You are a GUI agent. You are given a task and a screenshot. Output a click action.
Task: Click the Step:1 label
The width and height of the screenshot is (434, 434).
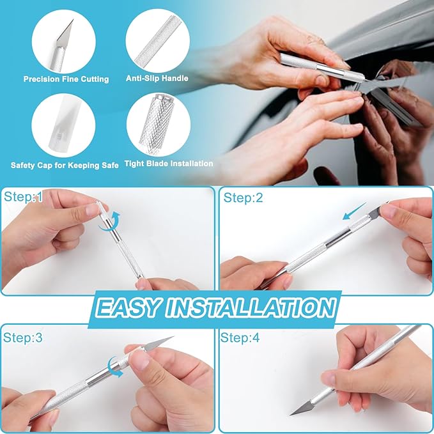click(x=23, y=198)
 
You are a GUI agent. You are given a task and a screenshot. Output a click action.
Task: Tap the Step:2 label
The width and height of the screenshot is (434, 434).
click(x=243, y=198)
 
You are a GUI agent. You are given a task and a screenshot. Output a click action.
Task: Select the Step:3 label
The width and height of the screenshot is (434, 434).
click(x=23, y=338)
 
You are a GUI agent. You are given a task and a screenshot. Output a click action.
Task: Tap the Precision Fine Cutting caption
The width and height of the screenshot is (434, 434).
click(x=66, y=79)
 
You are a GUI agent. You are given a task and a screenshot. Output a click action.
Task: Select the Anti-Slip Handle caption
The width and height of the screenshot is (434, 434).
click(x=157, y=79)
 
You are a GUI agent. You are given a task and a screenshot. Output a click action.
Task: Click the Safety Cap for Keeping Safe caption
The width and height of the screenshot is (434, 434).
click(x=65, y=165)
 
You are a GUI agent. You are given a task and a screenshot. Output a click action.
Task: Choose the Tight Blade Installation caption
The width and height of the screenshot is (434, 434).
click(x=169, y=164)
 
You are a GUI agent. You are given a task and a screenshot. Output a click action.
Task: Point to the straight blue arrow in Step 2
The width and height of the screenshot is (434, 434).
click(x=355, y=212)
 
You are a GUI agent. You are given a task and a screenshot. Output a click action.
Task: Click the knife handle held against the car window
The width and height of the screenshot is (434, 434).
click(x=313, y=66)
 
